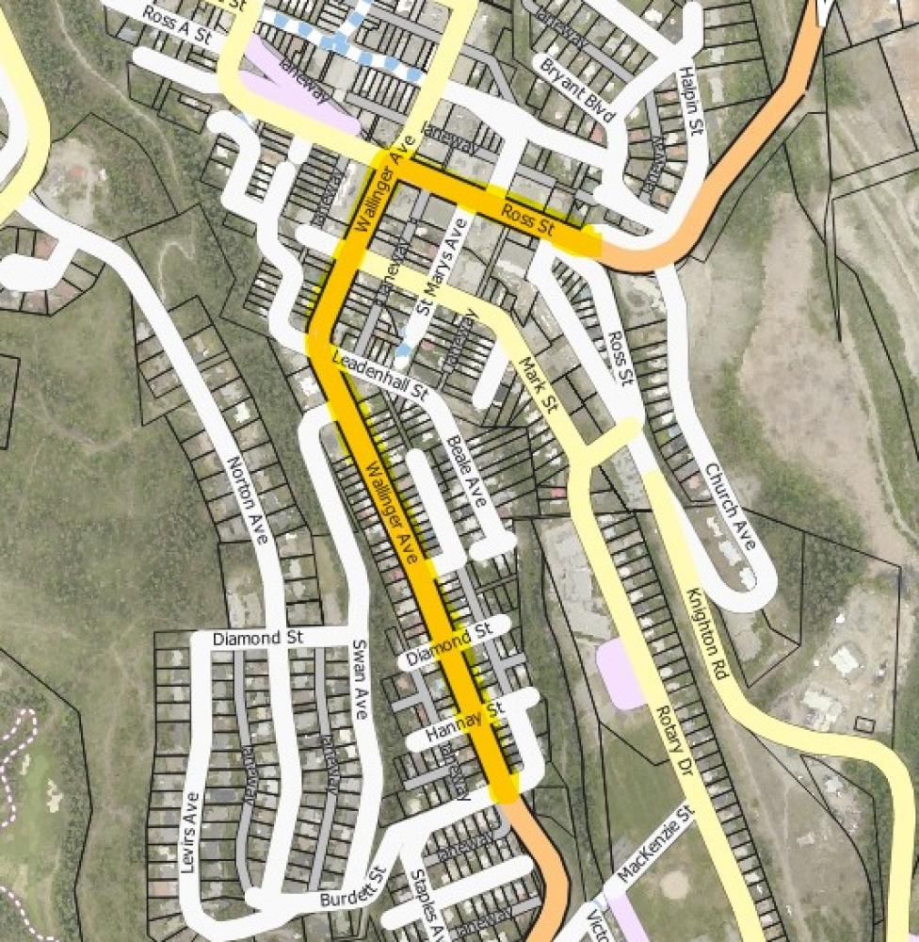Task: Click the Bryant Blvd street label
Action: point(577,89)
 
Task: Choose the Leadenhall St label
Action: point(380,375)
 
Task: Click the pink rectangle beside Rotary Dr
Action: point(620,674)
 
